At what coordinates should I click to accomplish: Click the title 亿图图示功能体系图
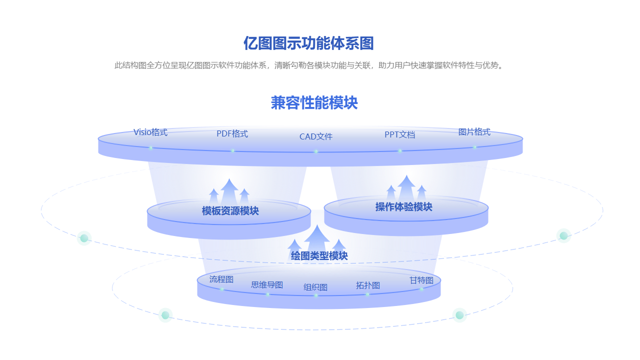(308, 43)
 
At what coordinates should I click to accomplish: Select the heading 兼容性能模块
(314, 103)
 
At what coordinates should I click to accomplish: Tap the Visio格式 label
(150, 132)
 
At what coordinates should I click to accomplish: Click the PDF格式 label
(232, 134)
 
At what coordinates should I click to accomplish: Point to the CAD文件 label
(316, 136)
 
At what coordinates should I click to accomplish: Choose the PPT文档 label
(399, 134)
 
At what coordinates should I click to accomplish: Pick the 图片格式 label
(474, 132)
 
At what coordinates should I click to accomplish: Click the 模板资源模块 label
(230, 211)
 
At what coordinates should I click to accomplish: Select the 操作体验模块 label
(403, 207)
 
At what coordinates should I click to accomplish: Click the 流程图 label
(221, 279)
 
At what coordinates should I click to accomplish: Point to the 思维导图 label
(267, 285)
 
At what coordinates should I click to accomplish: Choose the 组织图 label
(315, 287)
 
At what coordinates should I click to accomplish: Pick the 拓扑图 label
(368, 285)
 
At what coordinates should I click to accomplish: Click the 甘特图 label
(421, 280)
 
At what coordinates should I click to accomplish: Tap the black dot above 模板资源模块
(228, 177)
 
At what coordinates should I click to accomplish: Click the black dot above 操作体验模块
(408, 173)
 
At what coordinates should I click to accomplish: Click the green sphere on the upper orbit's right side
(563, 235)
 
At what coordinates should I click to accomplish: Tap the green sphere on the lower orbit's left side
(165, 315)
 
